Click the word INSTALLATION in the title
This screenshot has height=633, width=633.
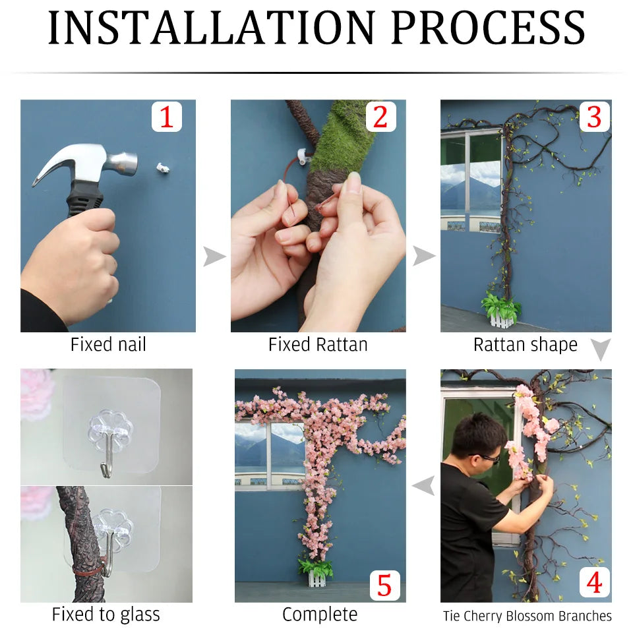tap(212, 28)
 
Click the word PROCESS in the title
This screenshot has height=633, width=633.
tap(488, 28)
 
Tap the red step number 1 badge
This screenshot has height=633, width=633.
tap(167, 117)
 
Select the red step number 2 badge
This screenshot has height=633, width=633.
tap(380, 117)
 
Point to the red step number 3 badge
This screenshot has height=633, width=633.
tap(594, 117)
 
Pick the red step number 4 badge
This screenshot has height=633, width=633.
tap(594, 582)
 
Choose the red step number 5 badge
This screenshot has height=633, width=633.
tap(384, 586)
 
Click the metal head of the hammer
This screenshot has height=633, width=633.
tap(87, 162)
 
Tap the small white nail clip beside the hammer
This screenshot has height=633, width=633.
tap(163, 167)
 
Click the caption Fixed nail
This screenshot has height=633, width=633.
tap(108, 345)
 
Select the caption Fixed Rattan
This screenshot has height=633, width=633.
tap(318, 345)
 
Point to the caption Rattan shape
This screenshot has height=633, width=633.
tap(526, 345)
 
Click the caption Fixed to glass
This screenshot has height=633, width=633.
tap(105, 615)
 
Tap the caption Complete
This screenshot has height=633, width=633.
tap(320, 615)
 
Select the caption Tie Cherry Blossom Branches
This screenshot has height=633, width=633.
tap(527, 616)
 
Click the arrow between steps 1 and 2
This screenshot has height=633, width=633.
tap(214, 256)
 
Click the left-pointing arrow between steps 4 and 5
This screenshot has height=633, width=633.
tap(423, 485)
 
